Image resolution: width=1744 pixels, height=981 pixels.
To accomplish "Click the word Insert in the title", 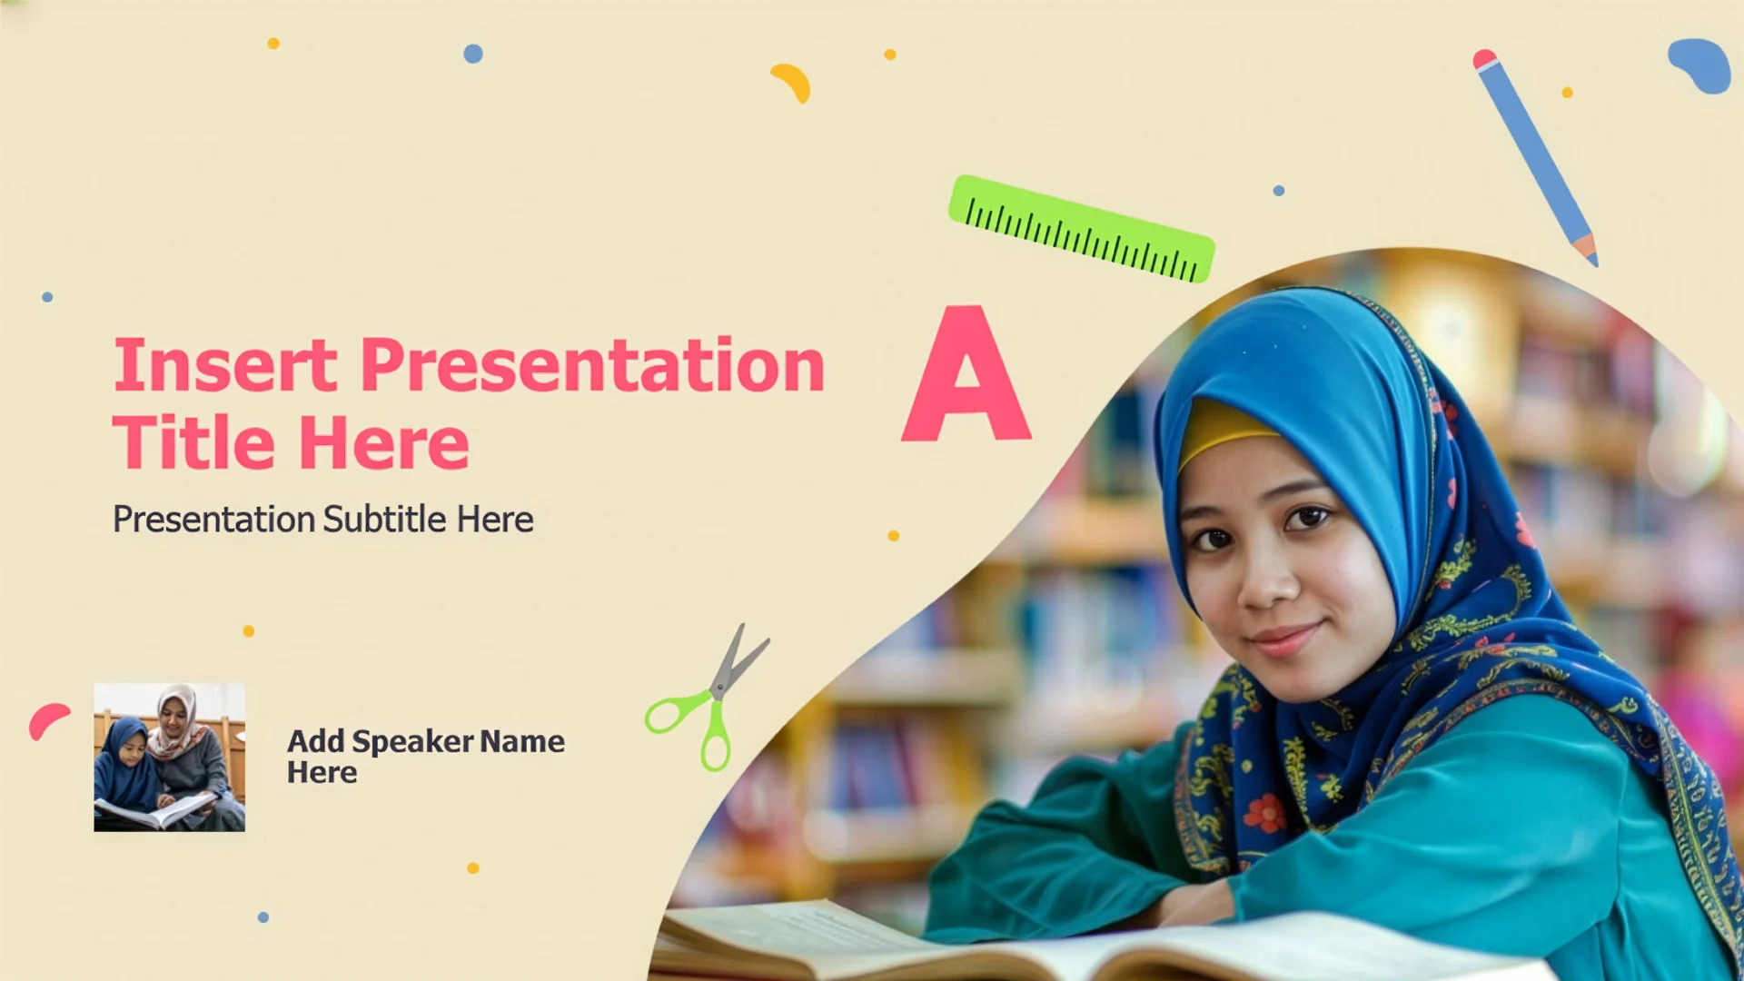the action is pos(225,365).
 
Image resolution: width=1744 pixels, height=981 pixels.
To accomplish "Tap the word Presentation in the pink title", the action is pos(593,365).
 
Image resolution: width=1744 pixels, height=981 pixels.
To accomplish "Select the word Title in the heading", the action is pos(193,442).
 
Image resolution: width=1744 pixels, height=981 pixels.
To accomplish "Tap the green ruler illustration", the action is pos(1081,229).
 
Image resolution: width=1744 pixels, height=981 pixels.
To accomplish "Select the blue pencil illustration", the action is pos(1535,156).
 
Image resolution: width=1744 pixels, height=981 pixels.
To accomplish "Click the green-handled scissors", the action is pos(708,698).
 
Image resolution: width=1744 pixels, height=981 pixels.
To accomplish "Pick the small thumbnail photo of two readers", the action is pos(170,757).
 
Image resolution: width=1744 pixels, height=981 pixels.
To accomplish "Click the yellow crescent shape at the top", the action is pos(792,82).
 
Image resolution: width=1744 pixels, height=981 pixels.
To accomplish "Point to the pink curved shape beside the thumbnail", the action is pos(47,720).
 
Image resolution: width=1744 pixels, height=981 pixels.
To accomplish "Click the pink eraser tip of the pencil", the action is pos(1484,59).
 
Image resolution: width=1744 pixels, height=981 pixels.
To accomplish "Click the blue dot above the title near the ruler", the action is pos(1279,191).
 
